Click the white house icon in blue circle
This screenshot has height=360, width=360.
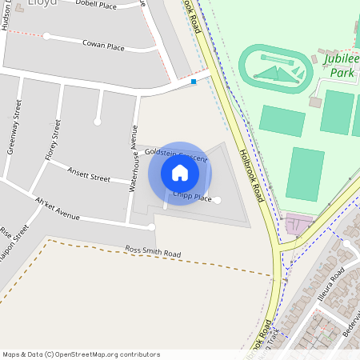(x=180, y=173)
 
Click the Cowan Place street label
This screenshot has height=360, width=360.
(x=103, y=46)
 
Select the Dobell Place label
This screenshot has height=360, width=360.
(x=96, y=4)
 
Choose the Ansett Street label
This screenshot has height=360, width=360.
(x=89, y=174)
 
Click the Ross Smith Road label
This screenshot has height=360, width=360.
(x=153, y=253)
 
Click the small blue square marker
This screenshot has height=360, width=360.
(x=194, y=81)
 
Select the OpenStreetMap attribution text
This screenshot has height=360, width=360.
(x=81, y=354)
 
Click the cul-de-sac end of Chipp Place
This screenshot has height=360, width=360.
(x=218, y=200)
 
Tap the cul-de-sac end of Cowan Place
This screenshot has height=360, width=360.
(x=46, y=36)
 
